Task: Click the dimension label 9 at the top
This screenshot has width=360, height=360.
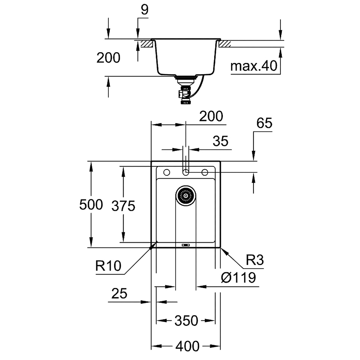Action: (145, 10)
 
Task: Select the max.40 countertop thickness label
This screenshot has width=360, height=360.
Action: (254, 66)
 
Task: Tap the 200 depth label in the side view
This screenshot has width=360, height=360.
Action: (108, 58)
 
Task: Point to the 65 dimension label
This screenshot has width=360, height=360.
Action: (264, 123)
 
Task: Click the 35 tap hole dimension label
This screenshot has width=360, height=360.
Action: (220, 141)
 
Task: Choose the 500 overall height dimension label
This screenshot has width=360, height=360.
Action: (91, 205)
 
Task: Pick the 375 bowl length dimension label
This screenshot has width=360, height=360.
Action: (123, 206)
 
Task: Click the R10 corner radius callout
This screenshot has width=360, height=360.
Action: (108, 266)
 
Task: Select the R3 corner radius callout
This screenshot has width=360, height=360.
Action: (255, 260)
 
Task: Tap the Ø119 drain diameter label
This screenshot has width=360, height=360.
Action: (238, 277)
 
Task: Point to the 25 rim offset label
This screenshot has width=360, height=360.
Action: (119, 293)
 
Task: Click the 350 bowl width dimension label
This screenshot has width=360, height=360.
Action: (186, 321)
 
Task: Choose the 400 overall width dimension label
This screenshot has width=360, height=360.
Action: (187, 346)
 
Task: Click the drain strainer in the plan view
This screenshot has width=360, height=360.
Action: (186, 196)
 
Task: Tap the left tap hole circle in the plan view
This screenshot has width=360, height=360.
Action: (166, 172)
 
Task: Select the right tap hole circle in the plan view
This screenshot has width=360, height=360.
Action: (205, 172)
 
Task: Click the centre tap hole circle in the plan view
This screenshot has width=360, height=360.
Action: (186, 172)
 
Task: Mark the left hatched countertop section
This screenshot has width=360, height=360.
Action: (147, 44)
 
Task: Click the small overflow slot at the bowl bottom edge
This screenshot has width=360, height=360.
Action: (186, 245)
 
